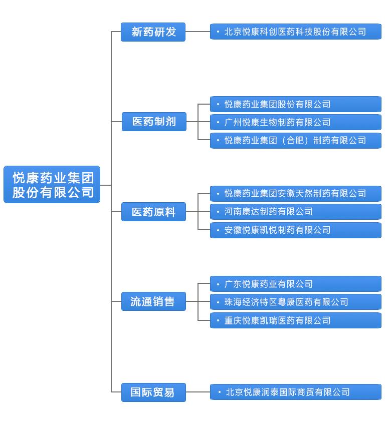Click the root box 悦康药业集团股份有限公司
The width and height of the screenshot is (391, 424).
click(52, 185)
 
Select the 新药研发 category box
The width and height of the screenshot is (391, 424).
click(153, 32)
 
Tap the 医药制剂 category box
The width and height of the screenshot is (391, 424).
click(154, 122)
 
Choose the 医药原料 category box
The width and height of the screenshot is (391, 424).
click(153, 212)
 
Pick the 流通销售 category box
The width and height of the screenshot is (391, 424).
click(153, 302)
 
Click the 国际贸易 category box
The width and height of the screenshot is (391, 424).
click(153, 392)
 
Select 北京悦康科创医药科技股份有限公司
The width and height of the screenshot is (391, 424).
click(295, 32)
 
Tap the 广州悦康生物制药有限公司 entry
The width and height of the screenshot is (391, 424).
click(295, 122)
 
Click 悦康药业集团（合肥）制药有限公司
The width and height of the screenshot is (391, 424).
click(295, 140)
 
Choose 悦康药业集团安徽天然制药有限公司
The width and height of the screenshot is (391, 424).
click(295, 194)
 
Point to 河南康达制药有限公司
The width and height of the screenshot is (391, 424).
click(295, 212)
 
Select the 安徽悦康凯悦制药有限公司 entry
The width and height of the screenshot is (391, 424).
click(295, 230)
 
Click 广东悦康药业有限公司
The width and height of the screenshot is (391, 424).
click(295, 284)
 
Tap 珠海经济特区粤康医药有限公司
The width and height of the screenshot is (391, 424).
click(295, 302)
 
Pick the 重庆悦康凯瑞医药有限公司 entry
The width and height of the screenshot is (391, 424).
click(295, 320)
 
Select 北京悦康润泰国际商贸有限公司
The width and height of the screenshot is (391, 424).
click(295, 392)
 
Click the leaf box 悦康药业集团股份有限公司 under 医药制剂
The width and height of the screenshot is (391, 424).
click(295, 104)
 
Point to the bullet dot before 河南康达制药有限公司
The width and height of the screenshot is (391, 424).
click(218, 212)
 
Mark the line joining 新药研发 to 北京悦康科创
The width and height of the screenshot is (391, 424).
click(198, 32)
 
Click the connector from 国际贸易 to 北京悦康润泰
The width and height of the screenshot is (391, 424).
click(198, 392)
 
